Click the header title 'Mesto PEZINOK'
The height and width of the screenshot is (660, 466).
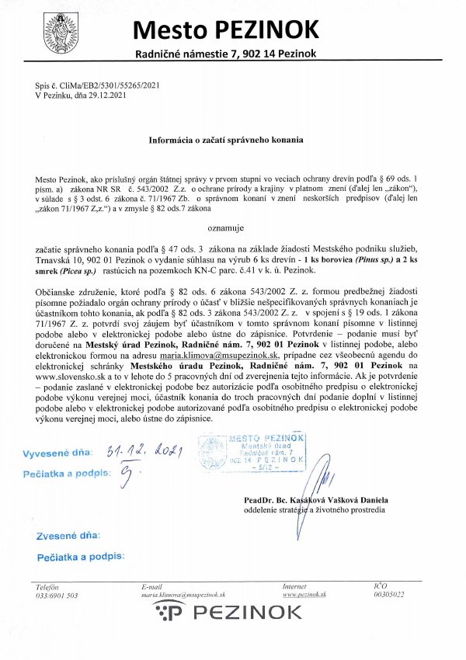pyautogui.click(x=226, y=29)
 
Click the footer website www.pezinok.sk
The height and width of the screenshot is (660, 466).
pyautogui.click(x=304, y=595)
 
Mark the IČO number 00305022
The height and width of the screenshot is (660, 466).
pyautogui.click(x=388, y=595)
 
